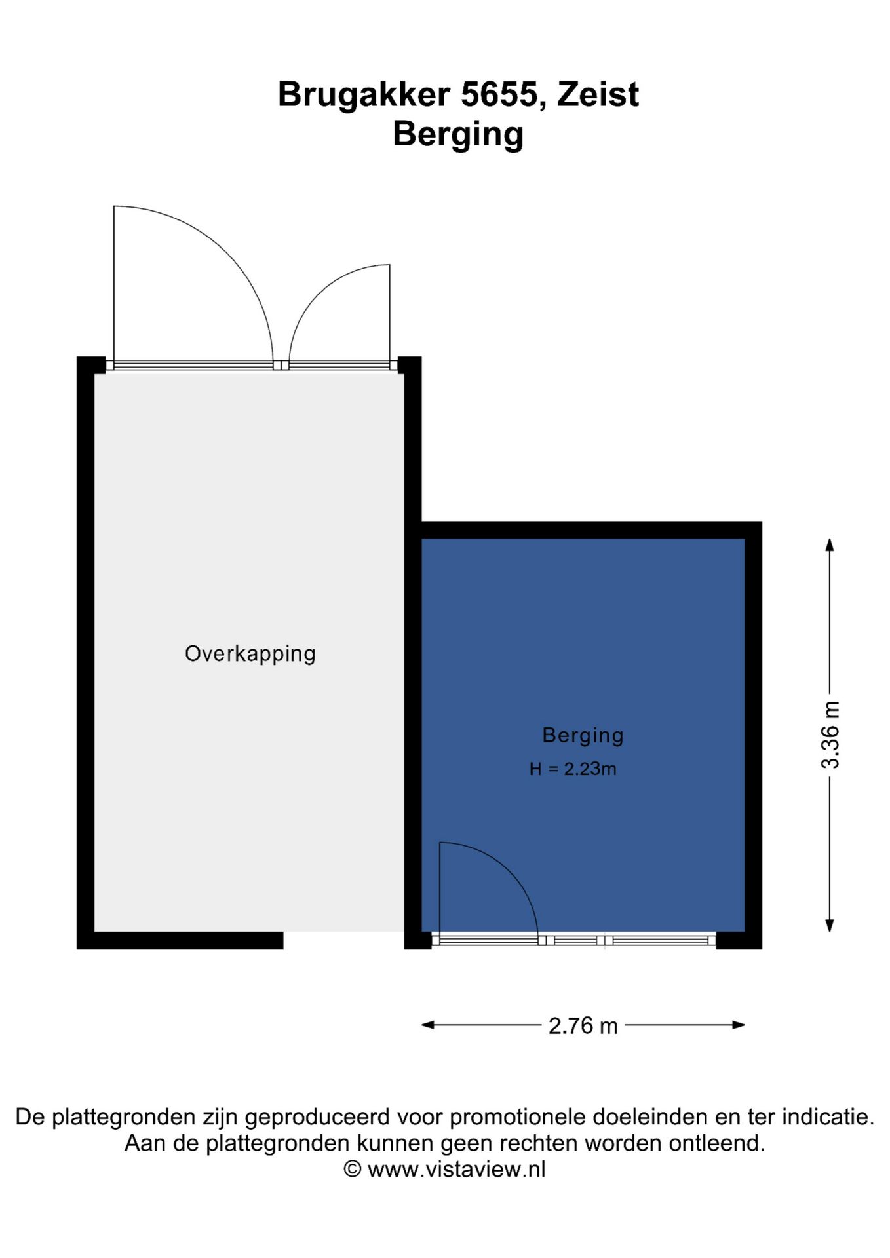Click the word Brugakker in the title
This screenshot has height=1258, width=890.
(364, 94)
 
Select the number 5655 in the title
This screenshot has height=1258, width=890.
(499, 94)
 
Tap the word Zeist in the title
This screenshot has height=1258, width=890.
(598, 94)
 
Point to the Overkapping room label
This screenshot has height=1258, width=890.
(250, 654)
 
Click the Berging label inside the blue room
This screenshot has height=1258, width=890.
(583, 736)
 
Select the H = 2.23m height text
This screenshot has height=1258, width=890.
(573, 769)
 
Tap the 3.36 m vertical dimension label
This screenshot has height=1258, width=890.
(830, 734)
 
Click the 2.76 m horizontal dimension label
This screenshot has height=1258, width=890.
(583, 1025)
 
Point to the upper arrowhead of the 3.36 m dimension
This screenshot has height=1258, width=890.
(829, 544)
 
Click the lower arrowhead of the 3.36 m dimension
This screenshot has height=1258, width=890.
(829, 925)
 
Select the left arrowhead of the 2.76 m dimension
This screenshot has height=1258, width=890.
(428, 1025)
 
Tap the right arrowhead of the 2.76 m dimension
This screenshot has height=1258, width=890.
(738, 1025)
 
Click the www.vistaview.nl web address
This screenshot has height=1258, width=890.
(457, 1169)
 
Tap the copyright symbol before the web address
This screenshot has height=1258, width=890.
(353, 1170)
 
